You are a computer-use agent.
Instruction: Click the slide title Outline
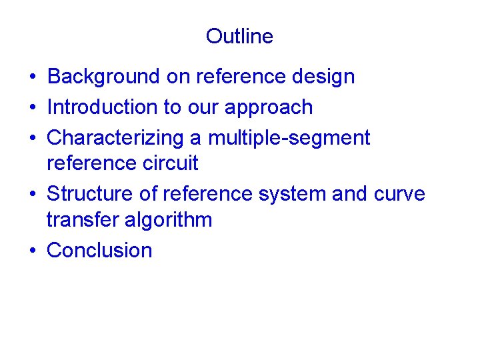tap(239, 36)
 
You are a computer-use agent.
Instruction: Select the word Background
tap(104, 77)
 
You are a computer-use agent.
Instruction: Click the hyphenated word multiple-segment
tap(289, 138)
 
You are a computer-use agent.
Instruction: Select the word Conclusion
tap(99, 250)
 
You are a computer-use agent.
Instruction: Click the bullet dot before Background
tap(32, 77)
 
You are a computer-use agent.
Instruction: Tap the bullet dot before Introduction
tap(32, 107)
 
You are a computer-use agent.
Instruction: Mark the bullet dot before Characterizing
tap(32, 138)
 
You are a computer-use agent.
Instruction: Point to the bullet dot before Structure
tap(32, 194)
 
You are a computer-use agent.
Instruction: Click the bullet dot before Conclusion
tap(32, 251)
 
